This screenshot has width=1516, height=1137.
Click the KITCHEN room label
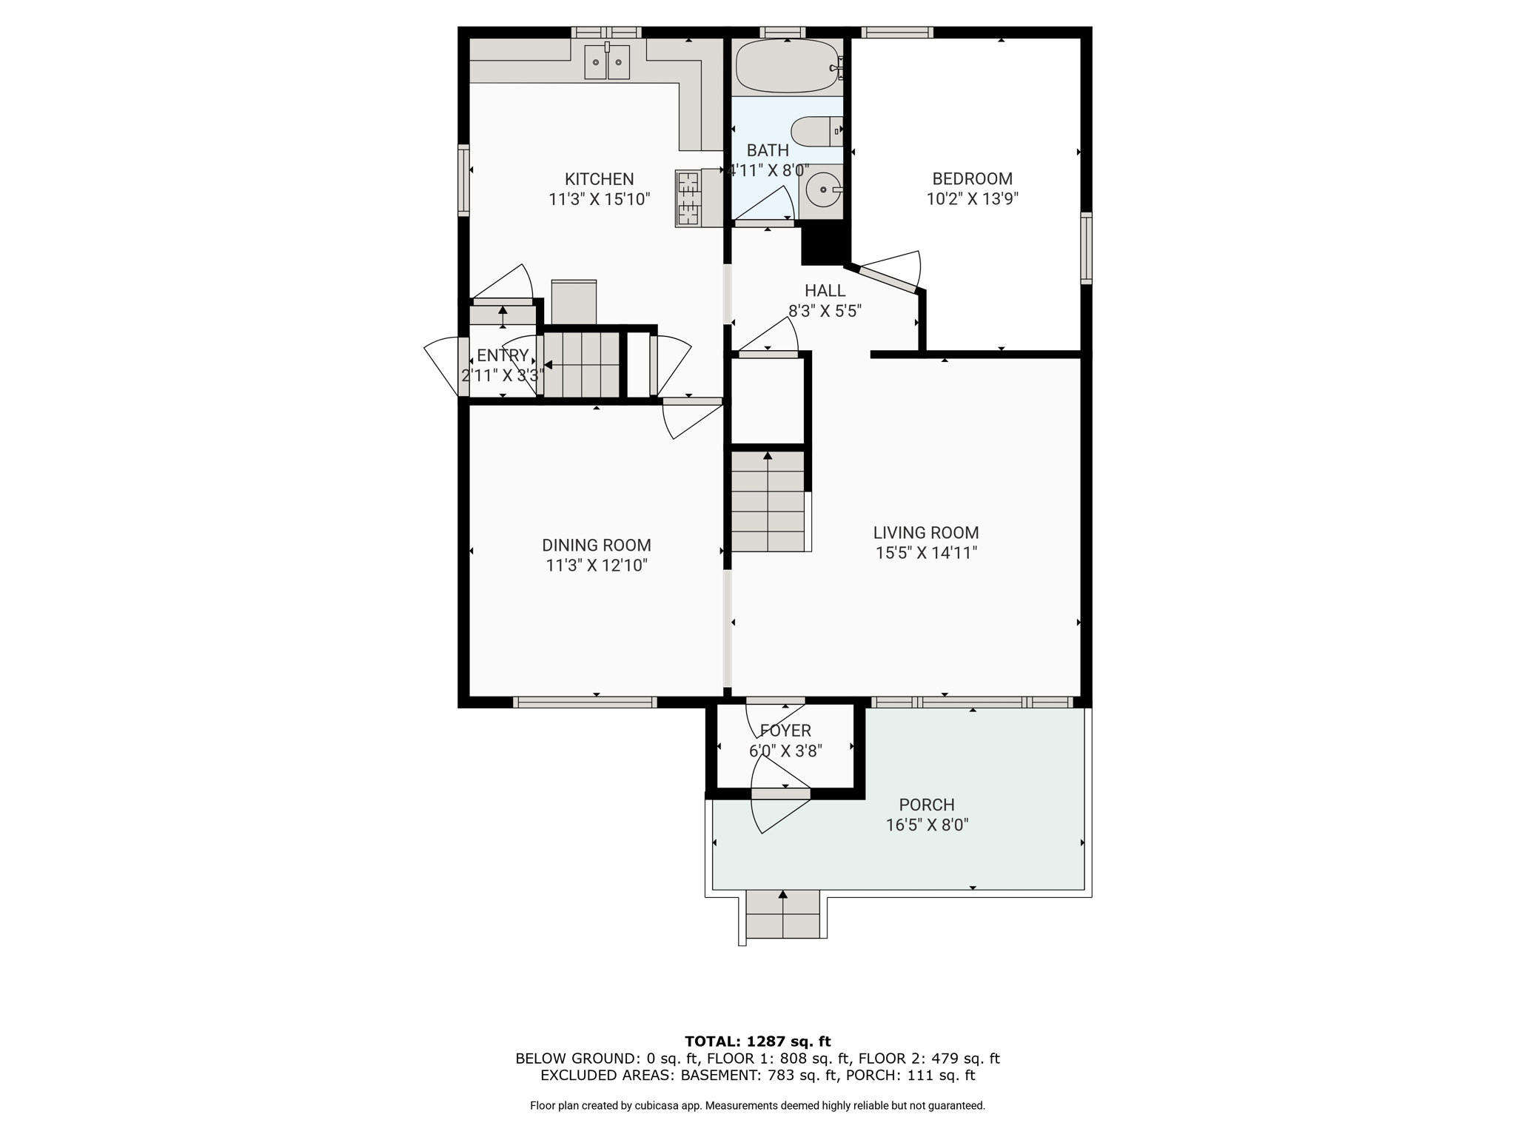tap(599, 179)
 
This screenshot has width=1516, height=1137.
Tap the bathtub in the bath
tap(787, 66)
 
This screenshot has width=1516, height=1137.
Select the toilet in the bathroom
tap(816, 132)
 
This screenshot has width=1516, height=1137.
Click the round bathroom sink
tap(822, 189)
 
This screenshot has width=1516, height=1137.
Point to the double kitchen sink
tap(607, 61)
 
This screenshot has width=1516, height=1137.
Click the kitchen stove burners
tap(688, 198)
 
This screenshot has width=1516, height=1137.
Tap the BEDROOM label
tap(972, 179)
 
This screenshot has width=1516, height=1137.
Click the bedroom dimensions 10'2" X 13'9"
tap(972, 199)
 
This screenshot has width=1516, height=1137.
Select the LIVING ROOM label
tap(925, 533)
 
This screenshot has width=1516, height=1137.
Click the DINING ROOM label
tap(597, 546)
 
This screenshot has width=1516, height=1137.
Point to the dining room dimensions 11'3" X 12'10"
tap(597, 566)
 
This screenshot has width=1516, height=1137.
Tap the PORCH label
tap(927, 805)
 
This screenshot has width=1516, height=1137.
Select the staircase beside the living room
tap(768, 501)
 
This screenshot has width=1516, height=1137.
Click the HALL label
tap(825, 291)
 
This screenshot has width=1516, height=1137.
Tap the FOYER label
tap(785, 731)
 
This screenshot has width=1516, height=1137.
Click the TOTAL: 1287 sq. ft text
tap(757, 1042)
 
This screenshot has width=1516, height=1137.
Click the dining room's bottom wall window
tap(585, 702)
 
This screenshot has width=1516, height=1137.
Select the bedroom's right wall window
tap(1086, 248)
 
